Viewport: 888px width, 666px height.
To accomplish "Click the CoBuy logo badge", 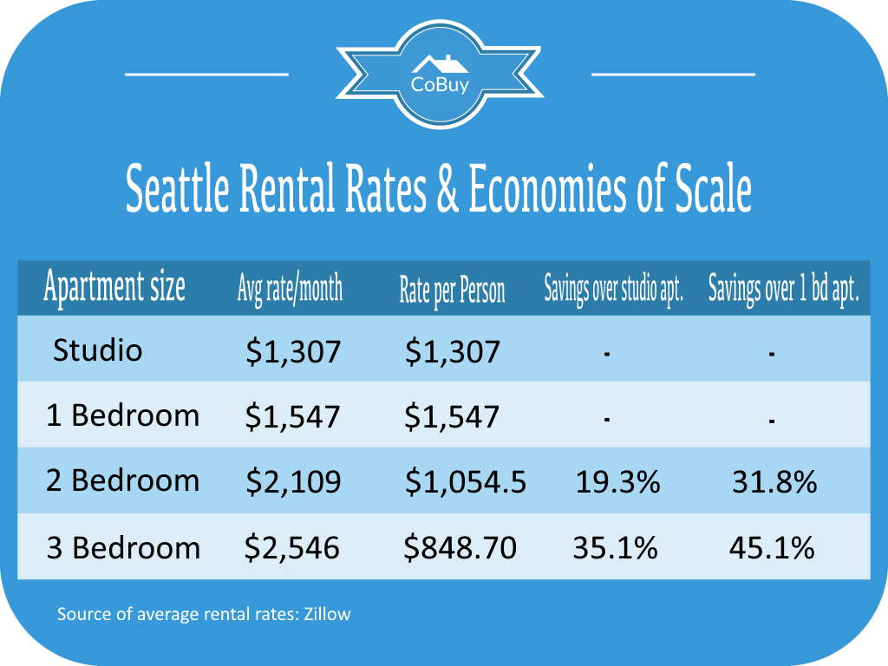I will point(440,73).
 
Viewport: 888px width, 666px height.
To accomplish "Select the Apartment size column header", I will point(114,287).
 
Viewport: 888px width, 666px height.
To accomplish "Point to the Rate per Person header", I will point(452,290).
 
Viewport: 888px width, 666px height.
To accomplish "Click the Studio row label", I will point(97,349).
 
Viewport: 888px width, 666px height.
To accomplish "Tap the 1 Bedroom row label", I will point(122,415).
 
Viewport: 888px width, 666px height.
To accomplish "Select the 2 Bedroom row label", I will point(122,480).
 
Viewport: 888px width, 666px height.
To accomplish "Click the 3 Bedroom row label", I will point(122,548).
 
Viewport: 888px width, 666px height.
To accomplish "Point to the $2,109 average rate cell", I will point(293,482).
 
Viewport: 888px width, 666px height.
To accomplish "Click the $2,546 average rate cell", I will point(293,548).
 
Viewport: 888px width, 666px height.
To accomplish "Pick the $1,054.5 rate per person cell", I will point(465,482).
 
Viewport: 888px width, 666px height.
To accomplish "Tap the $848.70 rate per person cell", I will point(460,548).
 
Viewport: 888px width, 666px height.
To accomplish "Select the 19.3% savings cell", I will point(617,482).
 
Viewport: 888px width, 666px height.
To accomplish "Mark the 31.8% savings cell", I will point(774,482).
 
